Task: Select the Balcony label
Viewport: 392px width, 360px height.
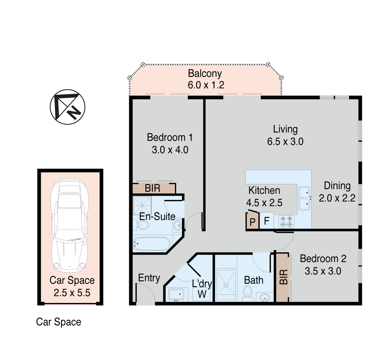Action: tap(205, 73)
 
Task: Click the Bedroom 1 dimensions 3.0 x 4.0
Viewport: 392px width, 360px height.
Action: tap(170, 149)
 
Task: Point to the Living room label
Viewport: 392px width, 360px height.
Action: tap(285, 129)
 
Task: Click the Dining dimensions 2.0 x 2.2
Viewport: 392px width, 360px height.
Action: tap(337, 198)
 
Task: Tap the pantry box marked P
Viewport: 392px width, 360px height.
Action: tap(252, 221)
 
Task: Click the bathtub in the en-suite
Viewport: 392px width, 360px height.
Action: tap(151, 243)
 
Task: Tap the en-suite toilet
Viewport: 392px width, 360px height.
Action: tap(143, 226)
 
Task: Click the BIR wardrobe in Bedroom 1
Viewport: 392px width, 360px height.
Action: tap(153, 188)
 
